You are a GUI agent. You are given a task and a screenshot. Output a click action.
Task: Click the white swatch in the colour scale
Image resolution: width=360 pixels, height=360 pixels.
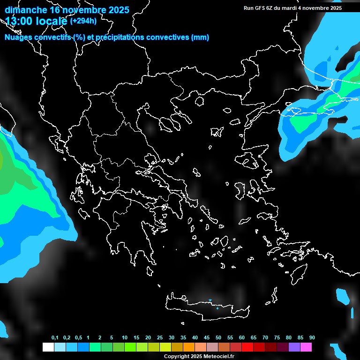coord(48,347)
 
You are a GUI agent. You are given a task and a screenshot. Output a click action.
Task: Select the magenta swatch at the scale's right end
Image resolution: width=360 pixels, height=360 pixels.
coord(306,347)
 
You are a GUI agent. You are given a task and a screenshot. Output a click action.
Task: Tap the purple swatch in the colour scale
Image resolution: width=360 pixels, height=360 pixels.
coord(294,347)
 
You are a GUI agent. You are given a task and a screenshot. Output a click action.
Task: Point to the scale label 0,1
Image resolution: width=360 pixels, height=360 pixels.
coord(55,338)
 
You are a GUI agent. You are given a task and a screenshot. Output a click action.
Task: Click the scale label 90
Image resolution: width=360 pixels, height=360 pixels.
coord(312,338)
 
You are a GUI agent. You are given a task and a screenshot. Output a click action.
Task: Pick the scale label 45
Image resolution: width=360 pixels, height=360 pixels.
coord(207,338)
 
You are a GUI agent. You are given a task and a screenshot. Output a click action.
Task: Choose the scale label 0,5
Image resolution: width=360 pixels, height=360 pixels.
coord(78,338)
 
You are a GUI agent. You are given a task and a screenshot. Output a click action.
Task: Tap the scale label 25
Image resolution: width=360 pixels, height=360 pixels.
coord(160,338)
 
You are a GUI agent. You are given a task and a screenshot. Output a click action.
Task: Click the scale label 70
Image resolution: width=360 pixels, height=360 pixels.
coord(265,338)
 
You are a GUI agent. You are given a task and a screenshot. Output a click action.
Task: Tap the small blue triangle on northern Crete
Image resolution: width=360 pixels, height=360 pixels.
coord(210,300)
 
